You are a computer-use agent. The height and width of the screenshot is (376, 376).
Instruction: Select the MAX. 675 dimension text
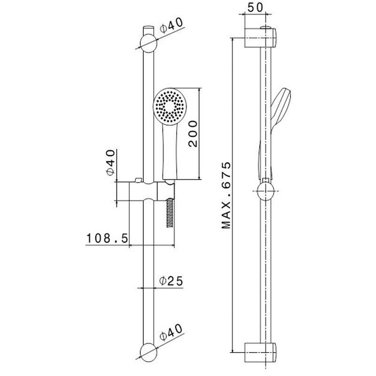point(227,195)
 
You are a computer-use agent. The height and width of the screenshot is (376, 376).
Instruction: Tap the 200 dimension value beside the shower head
point(192,133)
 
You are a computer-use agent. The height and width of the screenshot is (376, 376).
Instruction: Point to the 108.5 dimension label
point(107,238)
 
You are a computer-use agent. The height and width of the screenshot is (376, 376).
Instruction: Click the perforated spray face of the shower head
point(169,106)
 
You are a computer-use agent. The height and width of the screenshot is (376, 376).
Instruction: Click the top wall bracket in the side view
point(261,38)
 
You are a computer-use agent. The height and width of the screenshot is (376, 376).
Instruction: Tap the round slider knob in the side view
point(266,192)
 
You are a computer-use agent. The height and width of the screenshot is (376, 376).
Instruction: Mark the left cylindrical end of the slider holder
point(123,192)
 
